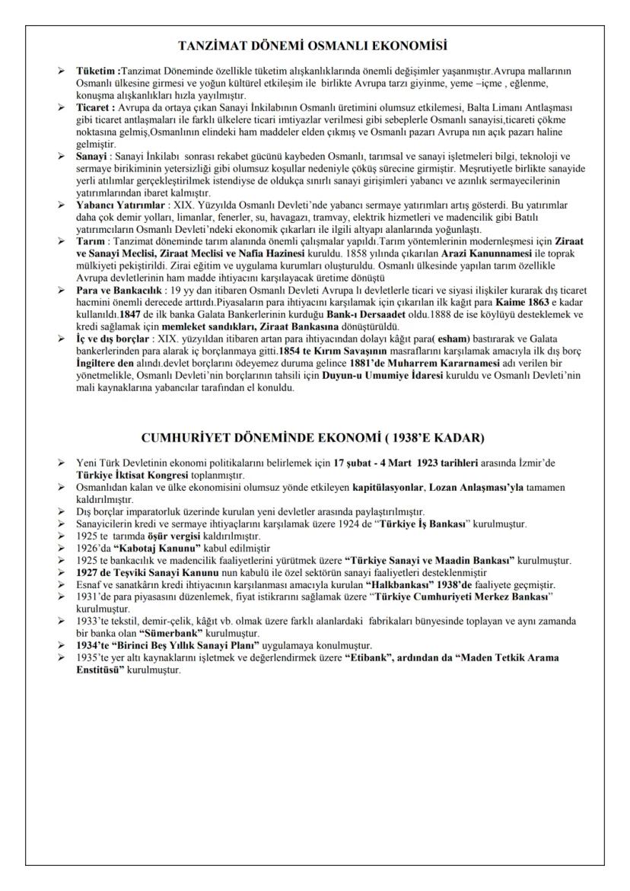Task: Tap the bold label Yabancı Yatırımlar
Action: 116,205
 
